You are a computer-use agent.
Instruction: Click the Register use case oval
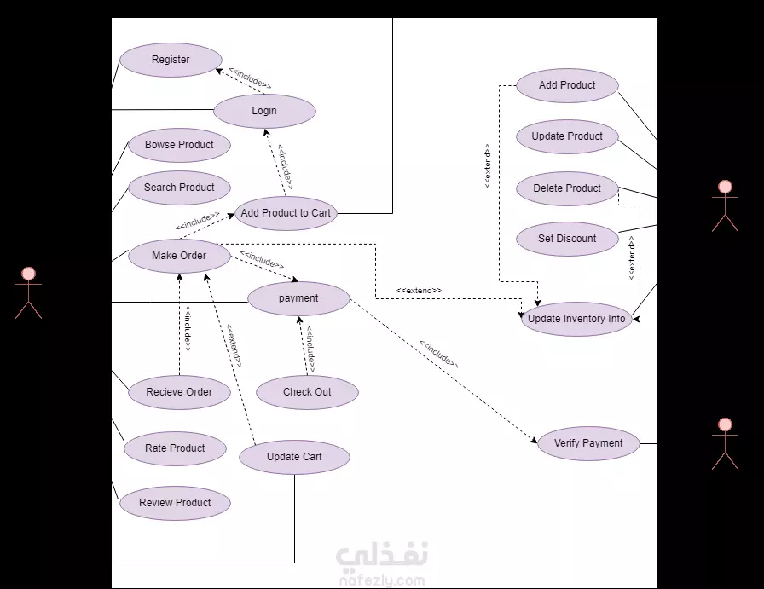pyautogui.click(x=171, y=60)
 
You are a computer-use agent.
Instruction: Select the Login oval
pyautogui.click(x=264, y=111)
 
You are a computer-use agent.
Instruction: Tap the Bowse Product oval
pyautogui.click(x=179, y=145)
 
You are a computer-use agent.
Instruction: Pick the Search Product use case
pyautogui.click(x=179, y=188)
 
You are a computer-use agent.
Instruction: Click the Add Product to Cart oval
pyautogui.click(x=286, y=213)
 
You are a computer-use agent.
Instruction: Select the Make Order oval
pyautogui.click(x=179, y=256)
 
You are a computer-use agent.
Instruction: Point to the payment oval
pyautogui.click(x=298, y=298)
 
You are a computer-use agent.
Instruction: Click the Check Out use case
pyautogui.click(x=307, y=392)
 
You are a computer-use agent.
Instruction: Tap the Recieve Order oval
pyautogui.click(x=179, y=392)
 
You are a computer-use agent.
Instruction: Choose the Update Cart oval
pyautogui.click(x=294, y=457)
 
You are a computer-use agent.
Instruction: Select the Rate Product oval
pyautogui.click(x=175, y=448)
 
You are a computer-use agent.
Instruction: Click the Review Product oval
pyautogui.click(x=175, y=503)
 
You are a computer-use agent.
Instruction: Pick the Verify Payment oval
pyautogui.click(x=588, y=443)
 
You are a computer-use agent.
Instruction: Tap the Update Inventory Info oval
pyautogui.click(x=576, y=319)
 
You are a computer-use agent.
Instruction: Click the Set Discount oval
pyautogui.click(x=567, y=239)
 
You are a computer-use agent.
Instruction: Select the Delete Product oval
pyautogui.click(x=567, y=188)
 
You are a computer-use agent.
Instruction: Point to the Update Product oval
pyautogui.click(x=567, y=136)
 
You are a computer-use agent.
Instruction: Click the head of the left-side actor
pyautogui.click(x=28, y=274)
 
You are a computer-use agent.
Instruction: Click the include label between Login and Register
pyautogui.click(x=250, y=79)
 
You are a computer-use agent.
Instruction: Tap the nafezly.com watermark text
pyautogui.click(x=382, y=580)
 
